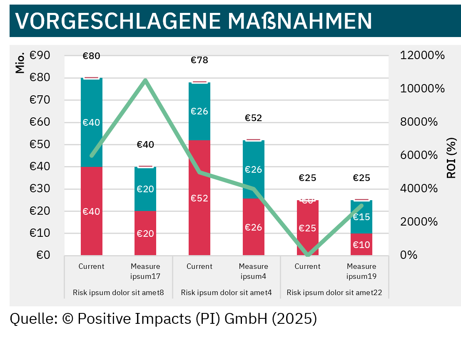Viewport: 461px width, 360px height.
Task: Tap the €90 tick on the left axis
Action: (x=40, y=55)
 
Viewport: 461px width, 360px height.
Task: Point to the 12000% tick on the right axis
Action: (x=422, y=55)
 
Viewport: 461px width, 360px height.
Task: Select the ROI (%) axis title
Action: (x=451, y=158)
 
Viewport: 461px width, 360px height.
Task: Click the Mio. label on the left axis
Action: (x=20, y=62)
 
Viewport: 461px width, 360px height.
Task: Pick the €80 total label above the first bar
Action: (x=91, y=56)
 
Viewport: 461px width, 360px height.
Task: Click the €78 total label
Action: (x=199, y=60)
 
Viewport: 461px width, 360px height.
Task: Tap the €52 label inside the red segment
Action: (x=199, y=198)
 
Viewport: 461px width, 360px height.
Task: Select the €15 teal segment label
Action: (x=361, y=217)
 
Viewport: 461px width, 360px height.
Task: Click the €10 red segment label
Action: (x=361, y=245)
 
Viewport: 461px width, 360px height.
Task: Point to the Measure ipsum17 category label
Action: (x=145, y=271)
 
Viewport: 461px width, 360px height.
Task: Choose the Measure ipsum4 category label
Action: (x=253, y=271)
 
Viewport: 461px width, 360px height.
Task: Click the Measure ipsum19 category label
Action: (x=361, y=271)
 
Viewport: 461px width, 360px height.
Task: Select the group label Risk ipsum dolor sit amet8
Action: (x=118, y=293)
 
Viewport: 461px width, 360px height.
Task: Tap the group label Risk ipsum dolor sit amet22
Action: (x=334, y=293)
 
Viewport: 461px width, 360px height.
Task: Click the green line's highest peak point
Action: (x=145, y=80)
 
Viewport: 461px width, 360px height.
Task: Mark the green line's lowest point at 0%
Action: (x=307, y=255)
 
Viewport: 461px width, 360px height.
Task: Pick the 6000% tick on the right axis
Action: (x=419, y=155)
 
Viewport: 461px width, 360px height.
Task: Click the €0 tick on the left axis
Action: (x=40, y=255)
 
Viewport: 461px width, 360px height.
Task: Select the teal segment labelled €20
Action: (x=145, y=189)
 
